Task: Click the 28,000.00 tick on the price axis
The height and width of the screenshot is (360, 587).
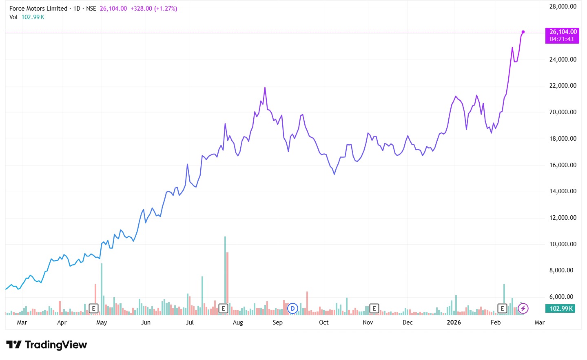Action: (x=563, y=7)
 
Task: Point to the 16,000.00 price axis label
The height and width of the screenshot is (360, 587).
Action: (x=563, y=165)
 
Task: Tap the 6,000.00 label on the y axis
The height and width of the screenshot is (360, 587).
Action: (x=563, y=297)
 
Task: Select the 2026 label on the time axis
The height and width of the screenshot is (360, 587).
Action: (x=454, y=322)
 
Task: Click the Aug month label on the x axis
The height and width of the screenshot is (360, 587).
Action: (x=238, y=322)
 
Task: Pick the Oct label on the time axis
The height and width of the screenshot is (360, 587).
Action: (x=323, y=322)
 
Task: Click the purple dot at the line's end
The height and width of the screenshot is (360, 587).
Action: (x=523, y=32)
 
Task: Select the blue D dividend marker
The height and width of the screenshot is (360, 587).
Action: (x=292, y=309)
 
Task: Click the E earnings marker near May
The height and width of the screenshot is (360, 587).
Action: (x=93, y=309)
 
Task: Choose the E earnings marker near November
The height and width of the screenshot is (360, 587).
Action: (x=374, y=309)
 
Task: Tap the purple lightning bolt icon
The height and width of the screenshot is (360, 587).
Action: (x=523, y=309)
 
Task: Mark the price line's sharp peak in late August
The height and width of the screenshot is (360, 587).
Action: (x=265, y=88)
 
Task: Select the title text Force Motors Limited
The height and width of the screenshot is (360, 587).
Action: (x=38, y=9)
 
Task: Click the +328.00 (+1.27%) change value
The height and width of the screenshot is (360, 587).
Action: (x=154, y=9)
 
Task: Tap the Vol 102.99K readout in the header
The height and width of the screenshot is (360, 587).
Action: (x=27, y=17)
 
